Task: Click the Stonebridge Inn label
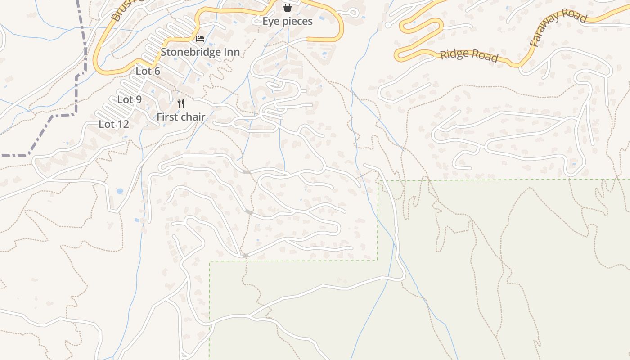[200, 52]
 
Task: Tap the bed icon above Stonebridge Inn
[200, 39]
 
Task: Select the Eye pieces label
[288, 22]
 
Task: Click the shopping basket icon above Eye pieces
[288, 8]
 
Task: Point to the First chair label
[181, 117]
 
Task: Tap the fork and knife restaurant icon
[181, 103]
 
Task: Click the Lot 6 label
[148, 71]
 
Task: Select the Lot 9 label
[130, 100]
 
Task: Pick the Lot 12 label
[114, 124]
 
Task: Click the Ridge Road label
[469, 55]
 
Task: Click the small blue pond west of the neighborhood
[120, 191]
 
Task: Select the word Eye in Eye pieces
[270, 22]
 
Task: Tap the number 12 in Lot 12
[123, 124]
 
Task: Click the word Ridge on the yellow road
[454, 54]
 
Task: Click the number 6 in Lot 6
[157, 71]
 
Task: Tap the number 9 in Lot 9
[139, 100]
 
